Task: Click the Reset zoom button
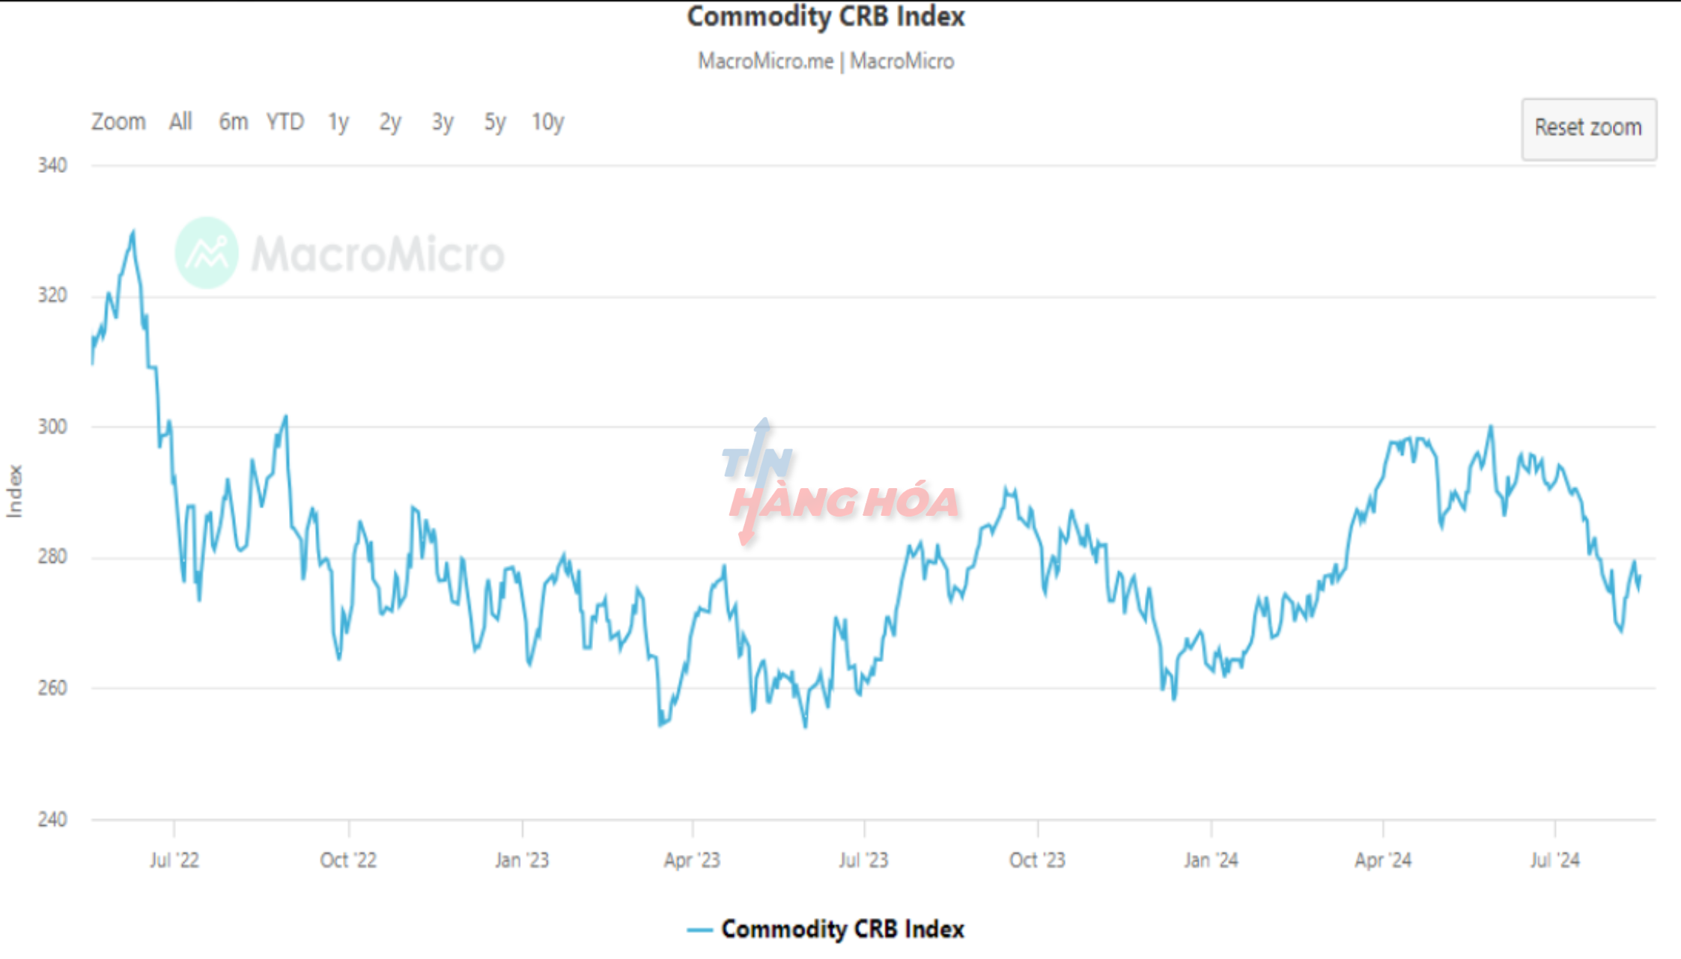(1588, 129)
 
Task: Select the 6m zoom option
(233, 122)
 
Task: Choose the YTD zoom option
(285, 122)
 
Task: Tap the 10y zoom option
(547, 122)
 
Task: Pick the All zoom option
(180, 122)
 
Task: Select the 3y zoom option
(443, 122)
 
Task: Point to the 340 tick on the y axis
(52, 165)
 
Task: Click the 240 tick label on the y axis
(52, 819)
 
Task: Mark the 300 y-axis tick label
(52, 427)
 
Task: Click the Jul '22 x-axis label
(174, 860)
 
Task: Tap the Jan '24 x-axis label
(1211, 860)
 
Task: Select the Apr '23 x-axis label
(692, 860)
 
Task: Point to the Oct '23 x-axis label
(1037, 860)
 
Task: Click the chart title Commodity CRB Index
(826, 16)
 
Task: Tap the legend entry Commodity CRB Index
(842, 929)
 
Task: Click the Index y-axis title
(14, 491)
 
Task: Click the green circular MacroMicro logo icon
(207, 253)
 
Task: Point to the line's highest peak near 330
(133, 232)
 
